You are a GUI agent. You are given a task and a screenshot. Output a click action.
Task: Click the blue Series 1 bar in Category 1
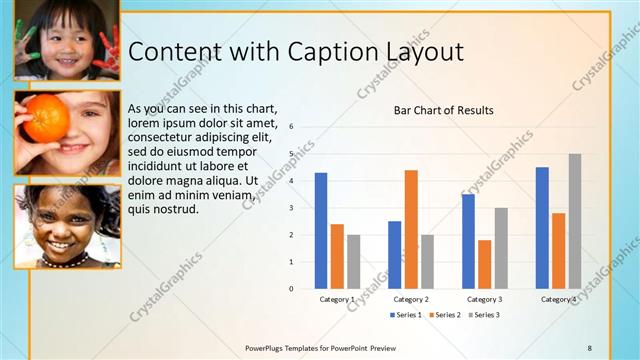click(x=321, y=231)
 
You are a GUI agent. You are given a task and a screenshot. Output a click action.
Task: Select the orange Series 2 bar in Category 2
click(x=411, y=229)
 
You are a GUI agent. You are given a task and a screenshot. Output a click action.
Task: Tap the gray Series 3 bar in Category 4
click(x=575, y=221)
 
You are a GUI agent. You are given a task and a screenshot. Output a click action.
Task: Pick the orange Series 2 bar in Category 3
click(x=485, y=264)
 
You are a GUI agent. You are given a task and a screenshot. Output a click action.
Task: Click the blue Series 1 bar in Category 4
click(x=542, y=228)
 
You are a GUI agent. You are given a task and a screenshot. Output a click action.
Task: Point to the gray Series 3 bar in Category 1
click(x=354, y=262)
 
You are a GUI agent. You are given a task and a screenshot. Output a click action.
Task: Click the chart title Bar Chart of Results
click(x=443, y=110)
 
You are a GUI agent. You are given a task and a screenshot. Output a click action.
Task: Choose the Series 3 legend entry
click(x=485, y=315)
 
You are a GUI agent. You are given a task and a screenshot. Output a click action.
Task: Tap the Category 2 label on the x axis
click(x=411, y=299)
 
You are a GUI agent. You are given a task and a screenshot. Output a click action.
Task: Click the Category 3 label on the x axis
click(x=485, y=299)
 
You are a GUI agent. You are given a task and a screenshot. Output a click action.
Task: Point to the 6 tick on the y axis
click(x=291, y=127)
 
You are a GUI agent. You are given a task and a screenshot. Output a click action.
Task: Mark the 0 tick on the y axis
click(x=291, y=289)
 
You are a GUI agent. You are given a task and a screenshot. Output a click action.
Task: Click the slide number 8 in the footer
click(x=589, y=347)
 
